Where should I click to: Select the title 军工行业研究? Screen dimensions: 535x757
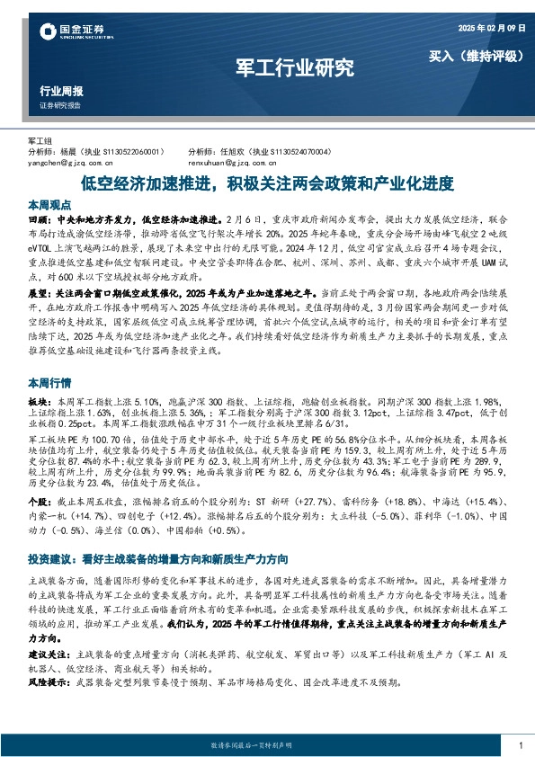click(294, 67)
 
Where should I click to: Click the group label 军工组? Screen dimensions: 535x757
click(40, 142)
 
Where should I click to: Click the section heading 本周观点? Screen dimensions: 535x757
click(49, 203)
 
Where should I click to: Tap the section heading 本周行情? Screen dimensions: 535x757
click(49, 380)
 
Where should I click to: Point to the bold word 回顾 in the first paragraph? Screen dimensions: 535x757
click(39, 218)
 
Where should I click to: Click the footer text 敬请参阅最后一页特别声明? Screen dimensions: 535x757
click(266, 746)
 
